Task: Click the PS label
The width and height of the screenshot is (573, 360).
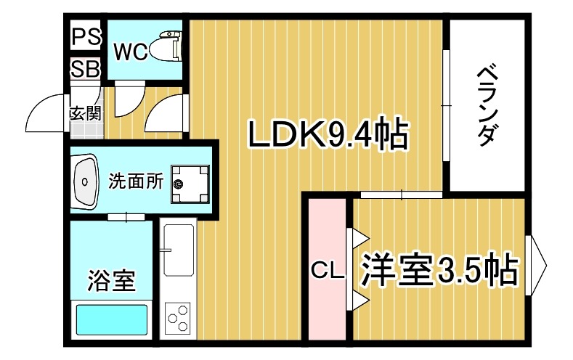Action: pyautogui.click(x=86, y=35)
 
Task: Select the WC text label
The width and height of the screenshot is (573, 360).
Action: pyautogui.click(x=131, y=52)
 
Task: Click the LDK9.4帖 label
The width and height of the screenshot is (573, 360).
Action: pyautogui.click(x=327, y=134)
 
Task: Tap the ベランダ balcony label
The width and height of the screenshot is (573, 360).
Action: pyautogui.click(x=487, y=105)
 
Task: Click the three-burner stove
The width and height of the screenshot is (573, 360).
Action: pyautogui.click(x=178, y=318)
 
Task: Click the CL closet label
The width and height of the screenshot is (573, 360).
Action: pyautogui.click(x=327, y=271)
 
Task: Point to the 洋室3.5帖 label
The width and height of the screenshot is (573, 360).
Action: pyautogui.click(x=439, y=270)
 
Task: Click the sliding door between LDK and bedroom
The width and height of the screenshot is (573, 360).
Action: pyautogui.click(x=401, y=195)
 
